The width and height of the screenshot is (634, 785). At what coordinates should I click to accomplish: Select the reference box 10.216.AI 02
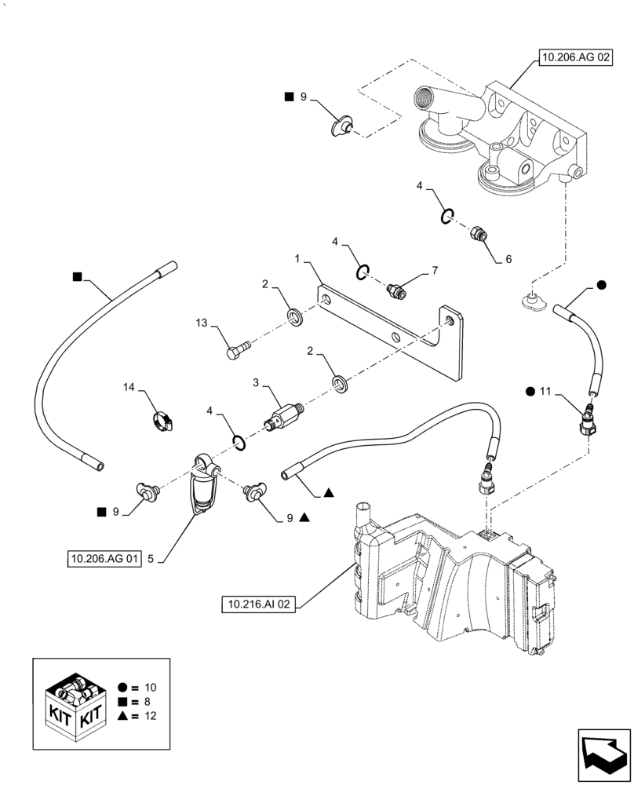tap(259, 604)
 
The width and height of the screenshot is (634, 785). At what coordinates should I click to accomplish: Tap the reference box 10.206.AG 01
tap(103, 559)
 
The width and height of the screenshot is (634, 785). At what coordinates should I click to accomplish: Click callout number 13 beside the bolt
tap(202, 323)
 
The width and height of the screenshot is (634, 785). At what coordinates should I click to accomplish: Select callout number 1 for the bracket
tap(298, 258)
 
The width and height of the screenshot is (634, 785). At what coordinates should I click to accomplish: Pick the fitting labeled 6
tap(476, 232)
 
